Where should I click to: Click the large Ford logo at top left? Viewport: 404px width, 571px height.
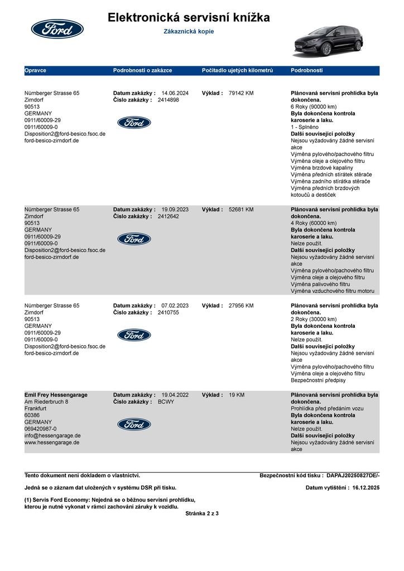click(57, 29)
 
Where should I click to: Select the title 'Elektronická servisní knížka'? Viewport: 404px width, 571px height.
click(189, 18)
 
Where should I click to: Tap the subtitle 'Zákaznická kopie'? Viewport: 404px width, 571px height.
click(189, 32)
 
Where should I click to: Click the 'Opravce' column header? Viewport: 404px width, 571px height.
click(35, 71)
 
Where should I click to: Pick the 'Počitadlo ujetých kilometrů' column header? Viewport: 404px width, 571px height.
click(237, 71)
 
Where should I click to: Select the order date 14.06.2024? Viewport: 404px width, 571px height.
click(175, 93)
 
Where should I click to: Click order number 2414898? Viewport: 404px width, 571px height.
click(169, 100)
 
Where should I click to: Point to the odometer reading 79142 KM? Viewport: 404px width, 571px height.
click(241, 93)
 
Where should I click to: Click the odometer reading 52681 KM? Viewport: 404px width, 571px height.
click(241, 210)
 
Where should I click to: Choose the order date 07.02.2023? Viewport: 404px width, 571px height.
click(175, 306)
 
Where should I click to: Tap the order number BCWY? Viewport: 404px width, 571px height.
click(166, 401)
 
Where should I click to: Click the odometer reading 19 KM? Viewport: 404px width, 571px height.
click(237, 395)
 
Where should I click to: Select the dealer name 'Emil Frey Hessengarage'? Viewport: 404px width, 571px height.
click(56, 395)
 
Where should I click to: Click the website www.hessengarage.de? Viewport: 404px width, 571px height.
click(52, 442)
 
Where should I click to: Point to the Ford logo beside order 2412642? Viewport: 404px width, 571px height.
click(134, 239)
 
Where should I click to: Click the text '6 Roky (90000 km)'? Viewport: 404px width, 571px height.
click(314, 107)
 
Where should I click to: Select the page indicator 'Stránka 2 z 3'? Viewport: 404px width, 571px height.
click(202, 513)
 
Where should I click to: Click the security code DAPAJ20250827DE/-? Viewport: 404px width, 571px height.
click(353, 476)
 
